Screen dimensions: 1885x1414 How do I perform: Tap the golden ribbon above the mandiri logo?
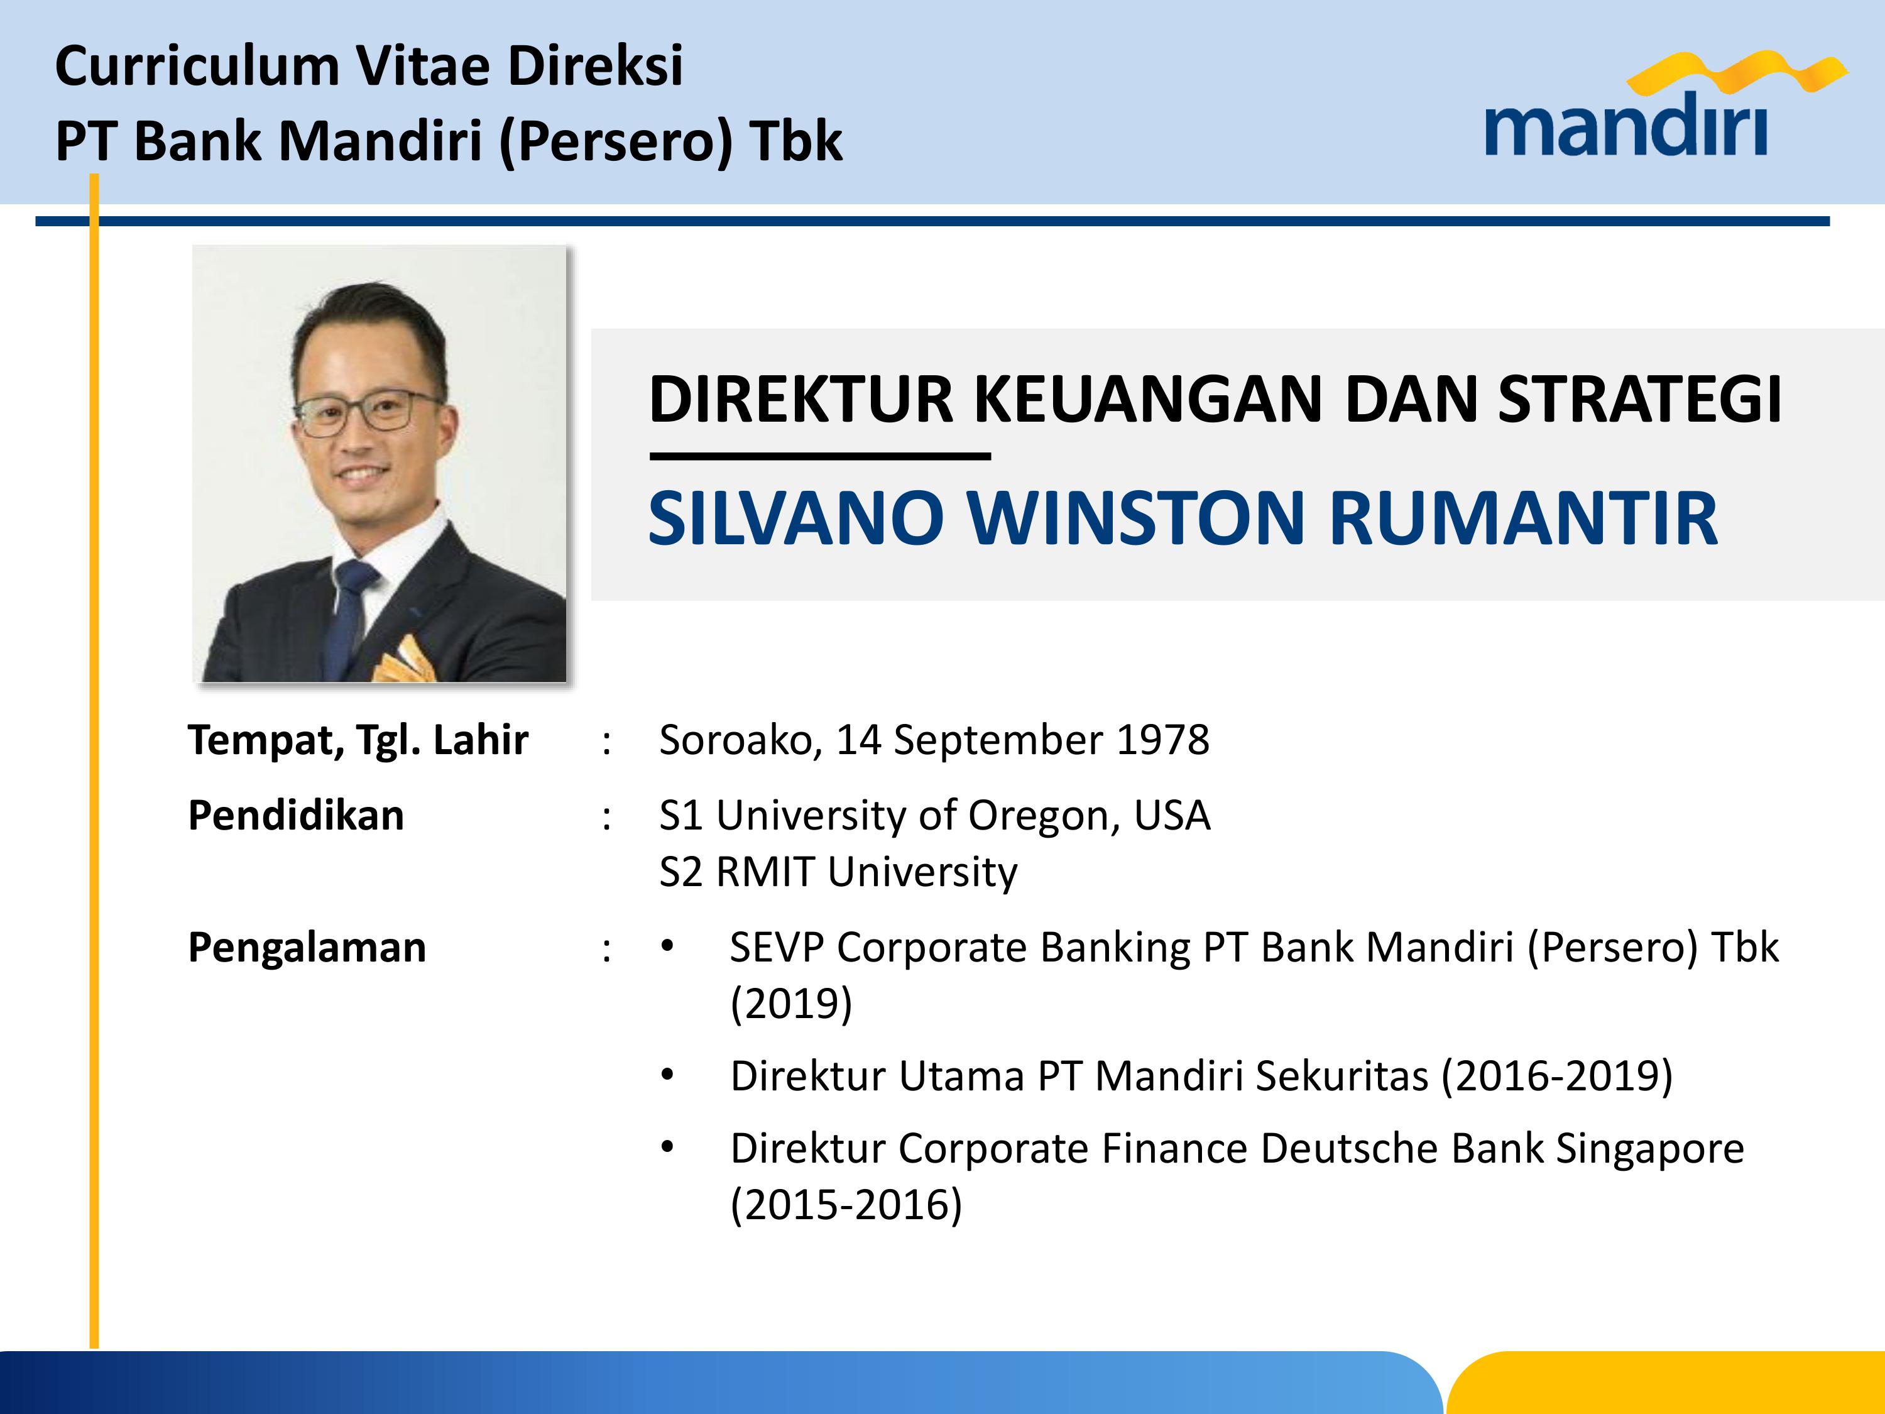(x=1737, y=72)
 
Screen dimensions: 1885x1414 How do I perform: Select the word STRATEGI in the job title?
(x=1639, y=399)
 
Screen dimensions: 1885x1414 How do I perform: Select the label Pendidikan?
(x=296, y=815)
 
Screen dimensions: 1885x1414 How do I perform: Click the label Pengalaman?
(x=307, y=948)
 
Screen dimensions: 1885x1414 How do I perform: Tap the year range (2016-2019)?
(x=1557, y=1076)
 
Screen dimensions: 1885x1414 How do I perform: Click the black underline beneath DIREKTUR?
(x=820, y=457)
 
